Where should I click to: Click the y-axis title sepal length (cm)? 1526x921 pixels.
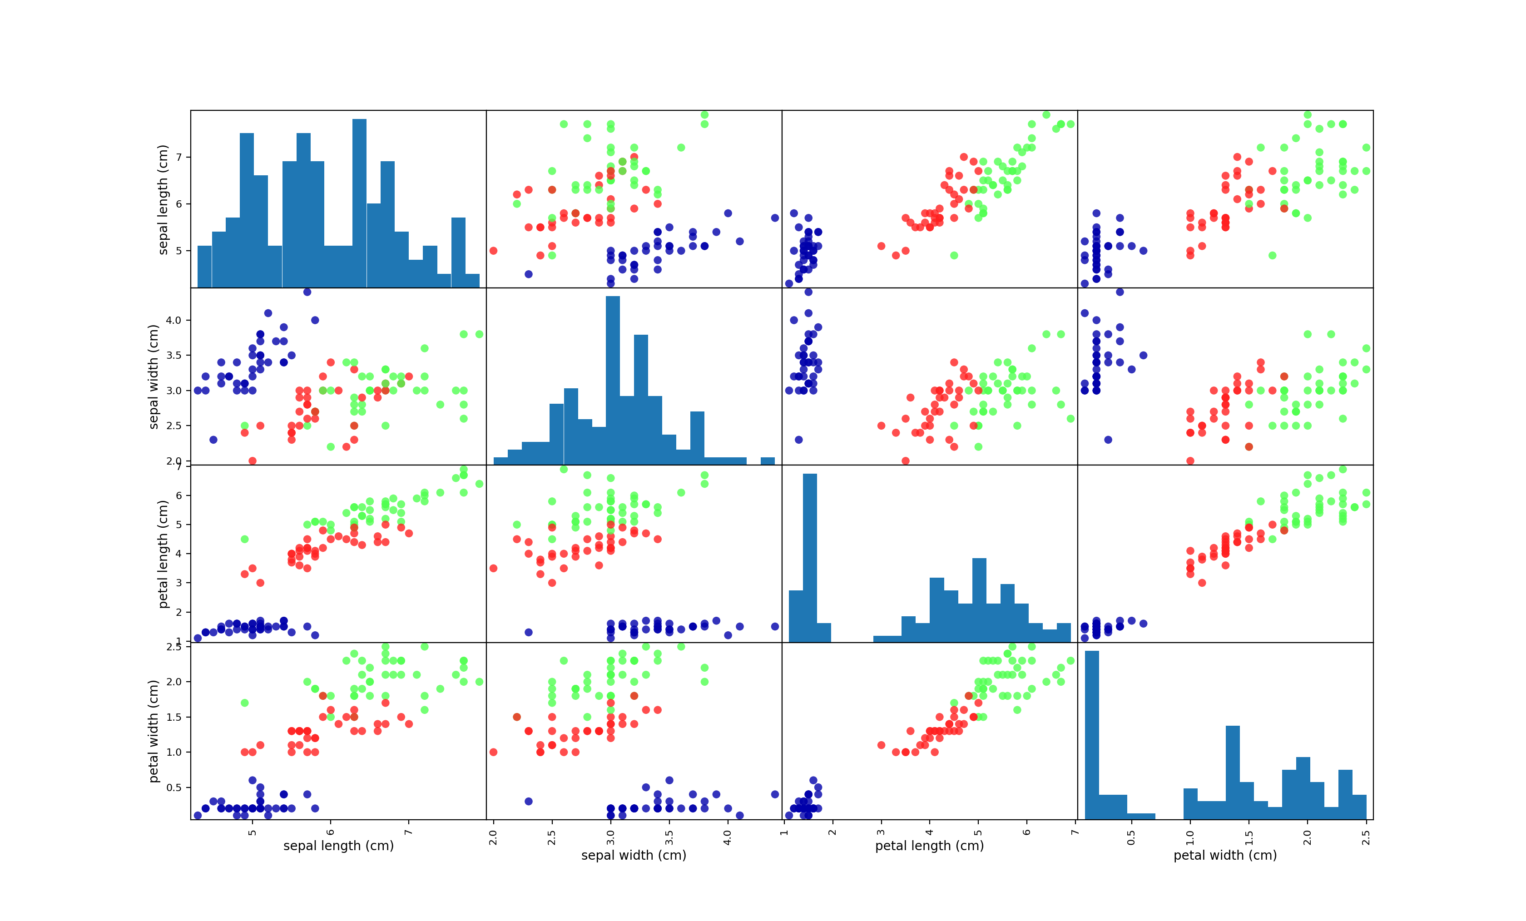click(x=163, y=199)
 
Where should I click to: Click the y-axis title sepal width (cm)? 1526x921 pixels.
click(x=154, y=376)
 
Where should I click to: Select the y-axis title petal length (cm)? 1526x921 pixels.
click(x=163, y=554)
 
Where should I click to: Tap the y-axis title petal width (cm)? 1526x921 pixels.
click(x=154, y=731)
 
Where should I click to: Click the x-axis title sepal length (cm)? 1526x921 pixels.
click(x=338, y=846)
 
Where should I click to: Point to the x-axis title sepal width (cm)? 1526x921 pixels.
click(x=634, y=855)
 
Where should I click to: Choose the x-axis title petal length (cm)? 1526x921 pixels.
click(x=929, y=846)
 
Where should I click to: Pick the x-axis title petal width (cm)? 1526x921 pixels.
click(x=1225, y=855)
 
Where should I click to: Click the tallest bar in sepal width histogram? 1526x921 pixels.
click(x=613, y=381)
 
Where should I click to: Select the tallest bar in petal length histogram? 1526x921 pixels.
click(x=809, y=557)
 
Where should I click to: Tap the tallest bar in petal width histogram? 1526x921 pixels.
click(x=1092, y=735)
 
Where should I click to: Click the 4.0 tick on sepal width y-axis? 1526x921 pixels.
click(x=174, y=320)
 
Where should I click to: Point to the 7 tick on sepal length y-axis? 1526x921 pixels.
click(x=179, y=157)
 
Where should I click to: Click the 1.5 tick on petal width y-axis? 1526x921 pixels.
click(x=174, y=717)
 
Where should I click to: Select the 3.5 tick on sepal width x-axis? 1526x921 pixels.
click(x=669, y=836)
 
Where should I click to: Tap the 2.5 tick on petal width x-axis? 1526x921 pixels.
click(x=1366, y=836)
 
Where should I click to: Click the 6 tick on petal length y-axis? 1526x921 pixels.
click(x=179, y=495)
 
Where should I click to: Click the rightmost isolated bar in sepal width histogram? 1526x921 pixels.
click(x=768, y=461)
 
